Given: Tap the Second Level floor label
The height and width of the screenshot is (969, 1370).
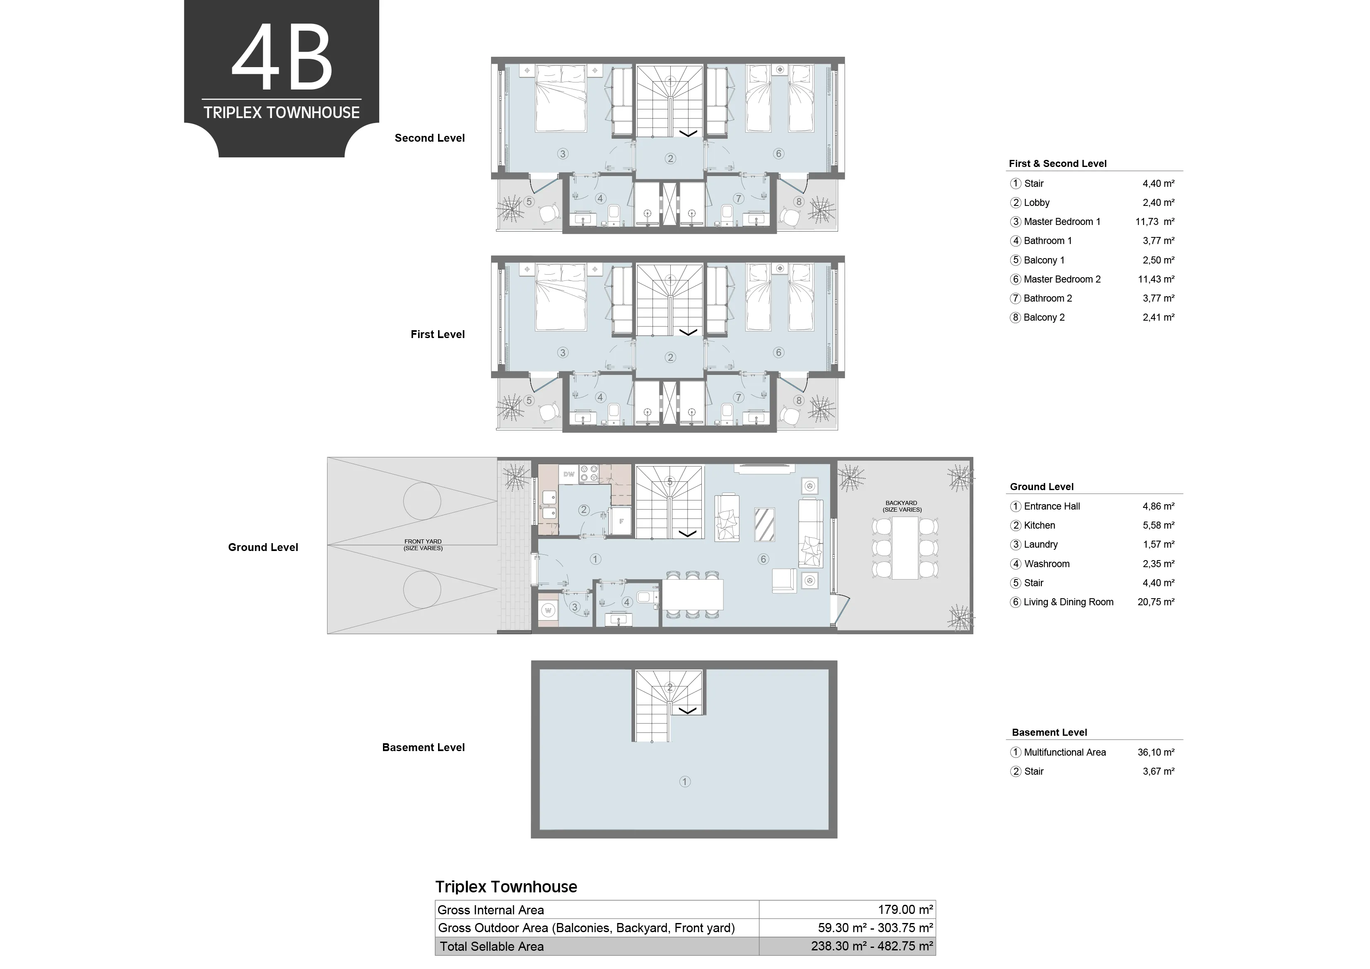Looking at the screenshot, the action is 430,138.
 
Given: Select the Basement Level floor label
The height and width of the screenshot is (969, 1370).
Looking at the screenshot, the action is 423,747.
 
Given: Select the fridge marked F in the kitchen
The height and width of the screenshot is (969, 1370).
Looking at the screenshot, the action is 621,521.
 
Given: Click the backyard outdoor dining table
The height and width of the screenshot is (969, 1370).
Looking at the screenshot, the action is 905,548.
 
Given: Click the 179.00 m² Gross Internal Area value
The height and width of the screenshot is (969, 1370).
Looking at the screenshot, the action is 905,909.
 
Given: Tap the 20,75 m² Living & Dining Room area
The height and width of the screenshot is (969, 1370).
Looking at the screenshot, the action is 1156,602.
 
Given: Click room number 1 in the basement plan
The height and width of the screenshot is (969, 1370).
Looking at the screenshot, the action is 685,781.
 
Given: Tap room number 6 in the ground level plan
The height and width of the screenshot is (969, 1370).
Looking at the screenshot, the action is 763,559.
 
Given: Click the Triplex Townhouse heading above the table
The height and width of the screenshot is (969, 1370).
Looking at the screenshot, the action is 506,887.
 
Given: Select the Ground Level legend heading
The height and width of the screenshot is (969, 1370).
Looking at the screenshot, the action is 1042,487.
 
